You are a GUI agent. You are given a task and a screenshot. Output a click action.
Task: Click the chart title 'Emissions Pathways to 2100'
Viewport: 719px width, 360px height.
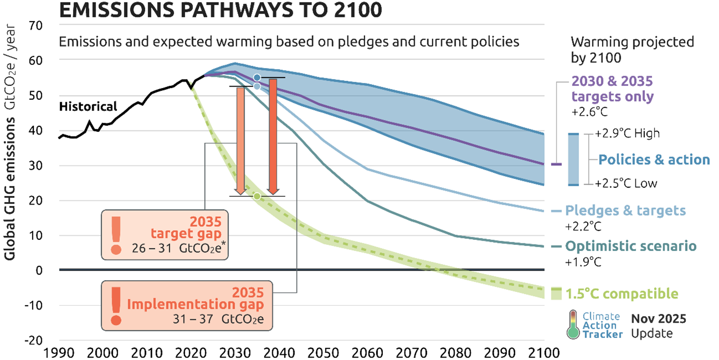pos(220,10)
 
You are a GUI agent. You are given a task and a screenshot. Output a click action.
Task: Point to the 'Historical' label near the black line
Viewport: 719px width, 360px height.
pos(88,107)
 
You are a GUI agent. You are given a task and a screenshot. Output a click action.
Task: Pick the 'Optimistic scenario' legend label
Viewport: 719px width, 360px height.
pos(631,246)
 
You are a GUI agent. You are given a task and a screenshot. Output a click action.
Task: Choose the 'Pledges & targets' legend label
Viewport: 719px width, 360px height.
pos(625,211)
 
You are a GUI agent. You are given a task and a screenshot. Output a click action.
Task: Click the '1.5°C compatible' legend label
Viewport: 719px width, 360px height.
pos(621,294)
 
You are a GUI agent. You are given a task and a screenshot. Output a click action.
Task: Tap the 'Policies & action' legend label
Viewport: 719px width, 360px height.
pos(654,160)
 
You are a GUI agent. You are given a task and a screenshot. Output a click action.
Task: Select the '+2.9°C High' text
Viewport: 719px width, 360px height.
pos(628,134)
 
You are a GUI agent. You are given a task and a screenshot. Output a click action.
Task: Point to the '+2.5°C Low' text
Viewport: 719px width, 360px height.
pos(626,183)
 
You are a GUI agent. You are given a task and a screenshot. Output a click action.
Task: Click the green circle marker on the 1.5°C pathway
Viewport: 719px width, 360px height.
pos(257,196)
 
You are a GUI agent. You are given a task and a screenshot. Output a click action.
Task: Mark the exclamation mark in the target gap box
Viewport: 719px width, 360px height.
pos(116,234)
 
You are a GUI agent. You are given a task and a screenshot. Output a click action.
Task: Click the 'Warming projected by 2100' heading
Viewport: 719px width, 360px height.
pos(632,49)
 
